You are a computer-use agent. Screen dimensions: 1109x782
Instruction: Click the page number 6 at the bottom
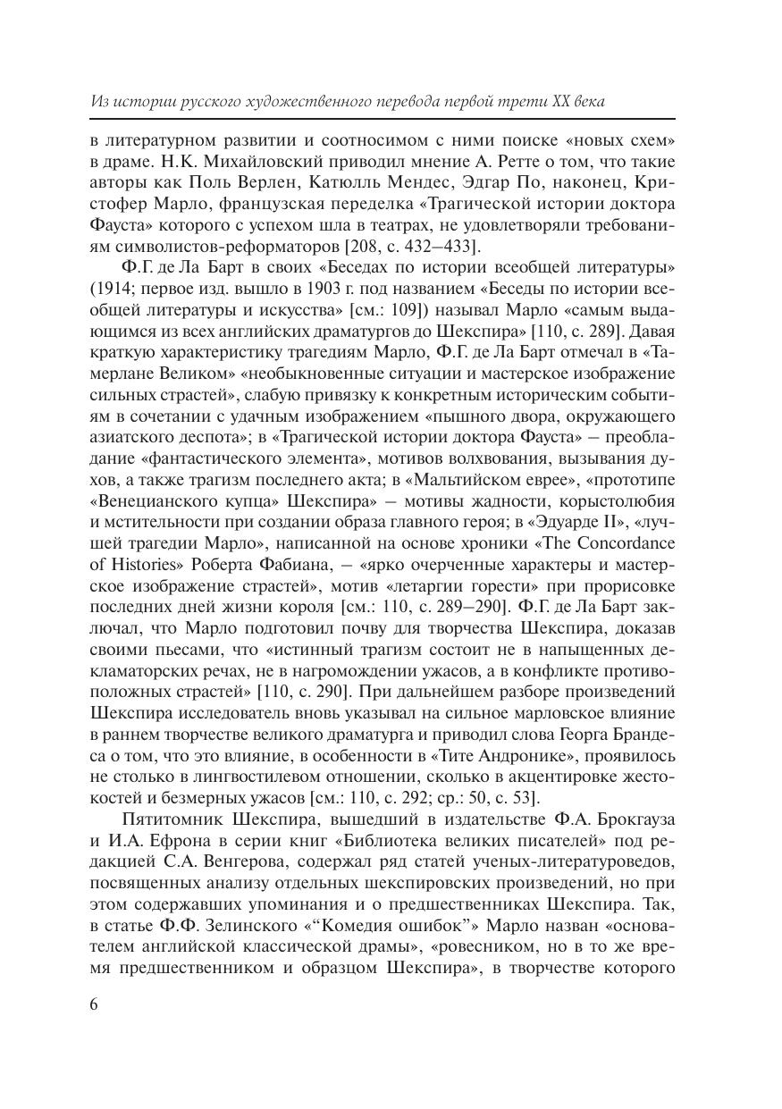[95, 1004]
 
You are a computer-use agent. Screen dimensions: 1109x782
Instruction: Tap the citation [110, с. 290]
[312, 692]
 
